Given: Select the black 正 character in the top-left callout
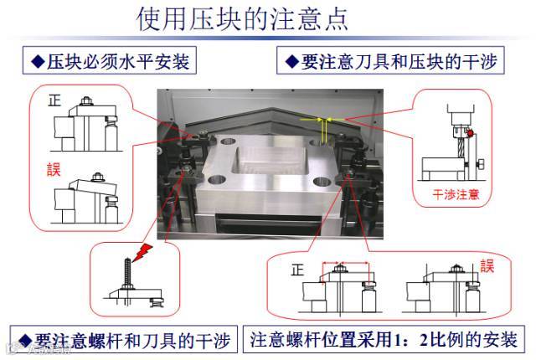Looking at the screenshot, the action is [x=54, y=102].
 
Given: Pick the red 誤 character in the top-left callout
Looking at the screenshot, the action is [x=54, y=167].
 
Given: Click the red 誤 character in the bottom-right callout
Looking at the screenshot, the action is [x=487, y=266].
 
